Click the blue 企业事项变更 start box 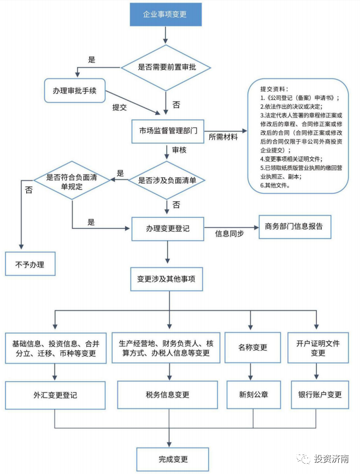pyautogui.click(x=165, y=14)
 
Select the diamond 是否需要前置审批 pyautogui.click(x=167, y=67)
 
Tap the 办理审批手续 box pyautogui.click(x=75, y=91)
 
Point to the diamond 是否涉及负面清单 pyautogui.click(x=167, y=179)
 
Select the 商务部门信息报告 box pyautogui.click(x=294, y=226)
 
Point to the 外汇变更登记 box pyautogui.click(x=55, y=395)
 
